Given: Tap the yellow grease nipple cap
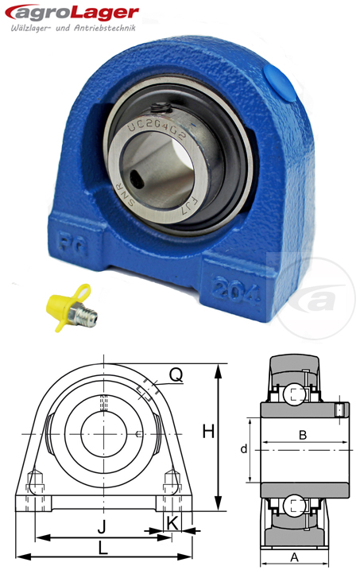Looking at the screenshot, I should coord(58,304).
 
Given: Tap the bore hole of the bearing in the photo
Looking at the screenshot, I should coord(145,170).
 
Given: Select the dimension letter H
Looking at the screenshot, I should coord(208,432).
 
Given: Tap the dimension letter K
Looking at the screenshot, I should coord(172,523).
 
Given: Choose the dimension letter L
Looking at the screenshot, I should coord(103,548).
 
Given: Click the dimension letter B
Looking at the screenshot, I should coord(302,433).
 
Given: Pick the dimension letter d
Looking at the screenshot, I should coord(244,449).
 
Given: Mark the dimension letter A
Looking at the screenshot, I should coord(293,557).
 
